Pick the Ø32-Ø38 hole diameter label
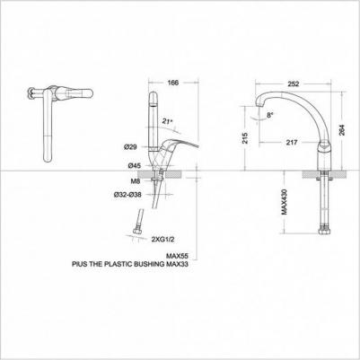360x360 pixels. [127, 195]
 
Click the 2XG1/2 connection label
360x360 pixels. [163, 240]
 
